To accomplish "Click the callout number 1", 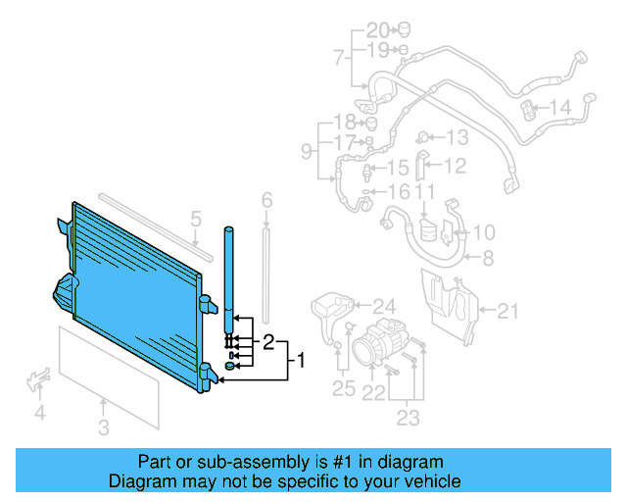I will [302, 361].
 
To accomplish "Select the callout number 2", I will [266, 342].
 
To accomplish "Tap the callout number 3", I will [104, 427].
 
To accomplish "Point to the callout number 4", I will [39, 414].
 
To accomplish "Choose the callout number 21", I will [506, 312].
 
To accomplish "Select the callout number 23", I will [408, 419].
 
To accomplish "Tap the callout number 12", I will [456, 167].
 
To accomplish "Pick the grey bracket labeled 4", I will [40, 378].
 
